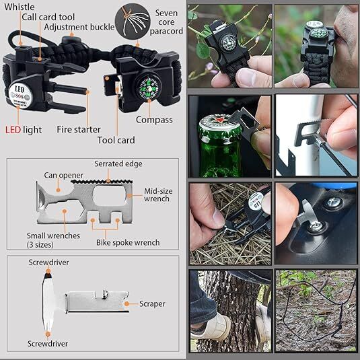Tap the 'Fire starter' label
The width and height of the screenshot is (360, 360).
point(79,129)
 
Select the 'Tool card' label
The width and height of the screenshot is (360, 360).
point(116,140)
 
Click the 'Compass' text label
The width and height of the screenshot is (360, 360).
point(153,120)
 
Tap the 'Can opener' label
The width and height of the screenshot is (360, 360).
point(65,175)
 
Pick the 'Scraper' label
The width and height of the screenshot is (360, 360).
point(152,304)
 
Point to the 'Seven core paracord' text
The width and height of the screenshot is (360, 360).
point(166,23)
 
